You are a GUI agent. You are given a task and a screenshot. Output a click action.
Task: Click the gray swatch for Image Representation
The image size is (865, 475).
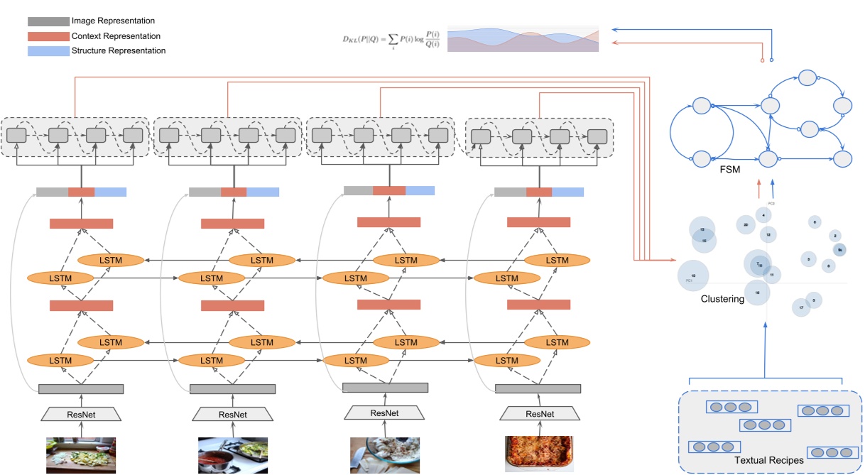click(x=48, y=21)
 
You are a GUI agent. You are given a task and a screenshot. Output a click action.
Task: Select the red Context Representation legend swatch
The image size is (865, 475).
click(x=48, y=36)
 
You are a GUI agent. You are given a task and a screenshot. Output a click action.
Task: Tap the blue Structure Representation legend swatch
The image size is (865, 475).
click(x=48, y=50)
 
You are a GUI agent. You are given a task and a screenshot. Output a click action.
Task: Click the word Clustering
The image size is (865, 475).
click(x=722, y=299)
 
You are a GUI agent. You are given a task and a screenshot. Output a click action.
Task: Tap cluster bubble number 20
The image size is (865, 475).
click(x=745, y=224)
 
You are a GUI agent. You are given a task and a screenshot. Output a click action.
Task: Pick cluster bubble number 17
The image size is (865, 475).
click(x=801, y=307)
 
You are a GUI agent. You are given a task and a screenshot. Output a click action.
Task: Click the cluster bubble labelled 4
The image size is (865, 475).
click(x=763, y=214)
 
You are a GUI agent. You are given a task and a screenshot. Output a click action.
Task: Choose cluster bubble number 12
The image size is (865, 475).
click(x=768, y=234)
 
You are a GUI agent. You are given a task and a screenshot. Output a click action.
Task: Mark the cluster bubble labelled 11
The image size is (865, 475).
click(x=771, y=274)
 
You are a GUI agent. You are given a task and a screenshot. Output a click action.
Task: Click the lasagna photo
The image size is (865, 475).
click(x=538, y=454)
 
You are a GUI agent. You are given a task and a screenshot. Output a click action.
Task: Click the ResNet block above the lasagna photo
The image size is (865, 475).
click(x=538, y=414)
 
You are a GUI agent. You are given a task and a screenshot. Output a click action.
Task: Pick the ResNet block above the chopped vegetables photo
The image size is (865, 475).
click(x=81, y=414)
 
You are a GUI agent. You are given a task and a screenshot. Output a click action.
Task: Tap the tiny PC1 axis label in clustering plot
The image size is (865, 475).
click(x=689, y=281)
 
